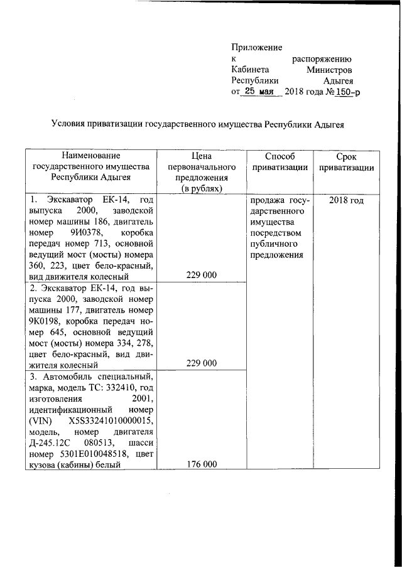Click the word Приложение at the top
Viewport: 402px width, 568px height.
pyautogui.click(x=257, y=47)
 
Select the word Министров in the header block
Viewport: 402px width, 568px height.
pyautogui.click(x=329, y=70)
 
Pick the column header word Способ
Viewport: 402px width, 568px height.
pyautogui.click(x=280, y=156)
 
